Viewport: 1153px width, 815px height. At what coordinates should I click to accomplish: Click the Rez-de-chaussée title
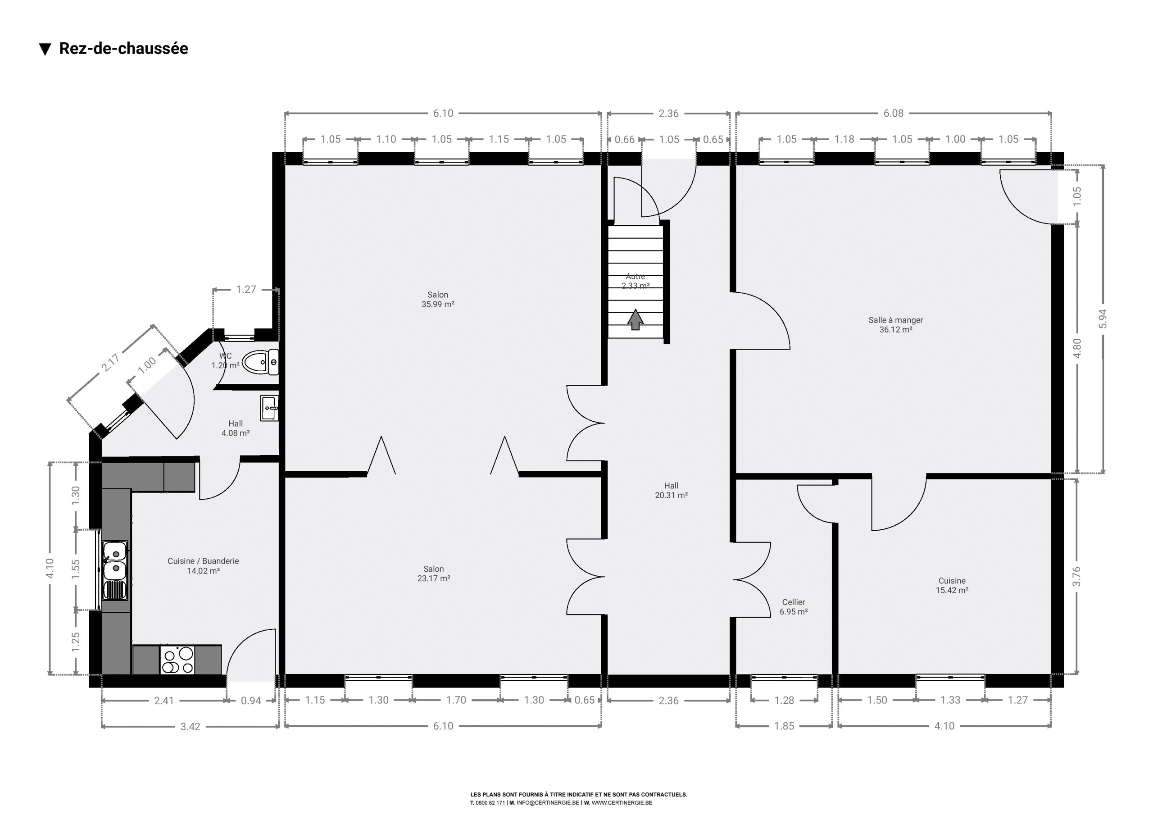[123, 49]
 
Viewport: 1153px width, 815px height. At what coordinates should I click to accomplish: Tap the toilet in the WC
[260, 362]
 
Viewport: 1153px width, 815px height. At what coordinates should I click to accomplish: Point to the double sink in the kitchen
[115, 570]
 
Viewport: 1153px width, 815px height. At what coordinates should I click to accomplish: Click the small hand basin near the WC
[269, 407]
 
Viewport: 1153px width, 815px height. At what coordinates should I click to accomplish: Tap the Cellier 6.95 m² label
[794, 606]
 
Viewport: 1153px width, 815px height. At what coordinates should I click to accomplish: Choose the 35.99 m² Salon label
[438, 300]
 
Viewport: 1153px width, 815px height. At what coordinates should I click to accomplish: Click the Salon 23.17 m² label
[433, 574]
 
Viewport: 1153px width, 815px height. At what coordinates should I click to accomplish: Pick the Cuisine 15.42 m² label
[952, 585]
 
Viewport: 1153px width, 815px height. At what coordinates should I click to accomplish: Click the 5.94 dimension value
[1103, 319]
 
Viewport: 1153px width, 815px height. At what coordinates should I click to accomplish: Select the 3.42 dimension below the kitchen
[191, 727]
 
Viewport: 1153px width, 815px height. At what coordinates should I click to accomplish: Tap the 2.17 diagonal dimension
[110, 362]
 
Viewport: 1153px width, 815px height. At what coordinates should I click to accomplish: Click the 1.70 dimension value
[456, 700]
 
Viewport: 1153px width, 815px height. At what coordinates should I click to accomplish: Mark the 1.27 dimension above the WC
[246, 289]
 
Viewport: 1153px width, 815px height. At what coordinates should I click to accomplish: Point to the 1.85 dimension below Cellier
[784, 726]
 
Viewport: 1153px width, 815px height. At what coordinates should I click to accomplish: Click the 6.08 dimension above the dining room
[894, 114]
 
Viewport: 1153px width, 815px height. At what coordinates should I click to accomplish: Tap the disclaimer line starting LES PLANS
[578, 794]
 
